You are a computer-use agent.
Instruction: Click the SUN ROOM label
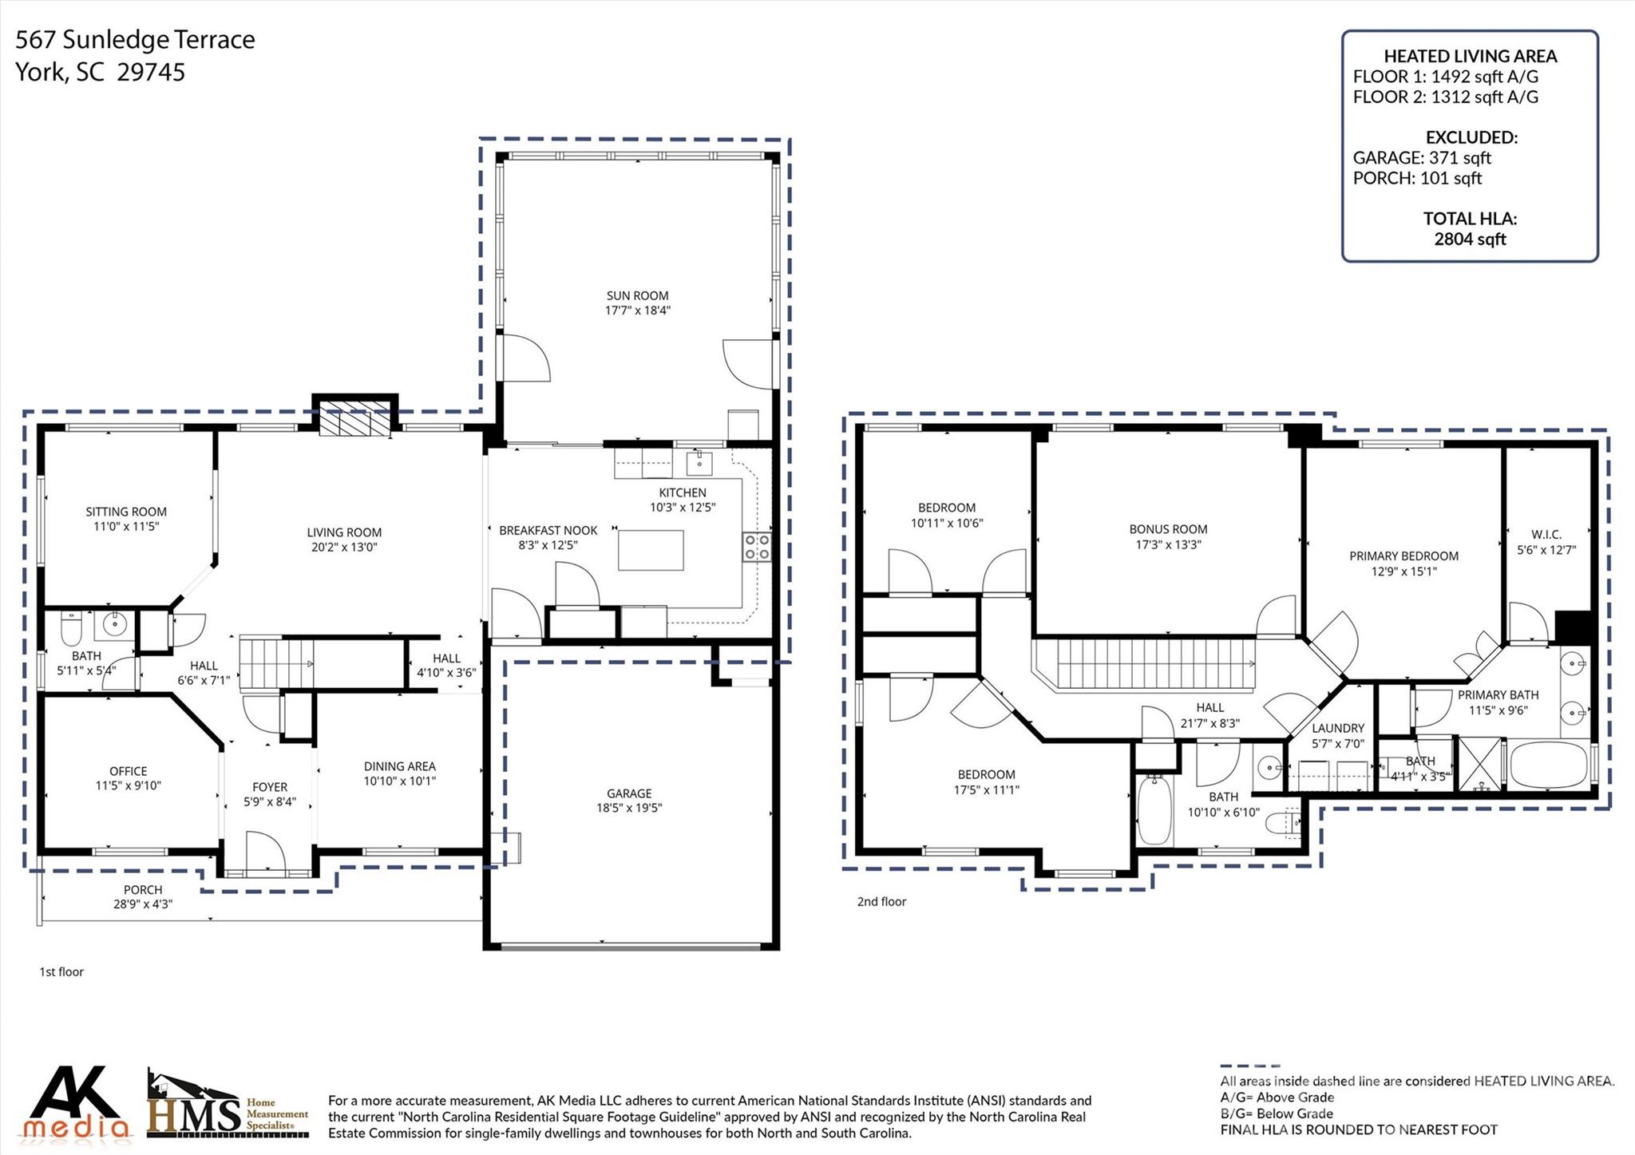point(637,295)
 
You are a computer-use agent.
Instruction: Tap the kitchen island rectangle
point(651,550)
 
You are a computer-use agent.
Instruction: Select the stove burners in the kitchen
point(757,547)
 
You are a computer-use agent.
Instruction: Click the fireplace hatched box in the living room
point(355,421)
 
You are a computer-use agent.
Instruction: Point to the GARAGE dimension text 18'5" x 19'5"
point(629,808)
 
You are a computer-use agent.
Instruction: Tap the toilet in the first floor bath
point(71,628)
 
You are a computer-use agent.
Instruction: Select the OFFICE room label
point(128,771)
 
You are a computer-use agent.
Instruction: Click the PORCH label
point(143,890)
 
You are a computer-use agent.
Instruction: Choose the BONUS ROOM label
point(1168,529)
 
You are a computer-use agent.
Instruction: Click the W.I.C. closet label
point(1546,535)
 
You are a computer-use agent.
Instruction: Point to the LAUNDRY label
point(1338,728)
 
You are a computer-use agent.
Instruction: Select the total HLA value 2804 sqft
point(1470,239)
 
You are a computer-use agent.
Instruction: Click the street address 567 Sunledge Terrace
point(136,39)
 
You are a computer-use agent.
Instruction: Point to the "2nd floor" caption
point(881,902)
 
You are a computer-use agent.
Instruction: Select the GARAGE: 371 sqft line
point(1422,158)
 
